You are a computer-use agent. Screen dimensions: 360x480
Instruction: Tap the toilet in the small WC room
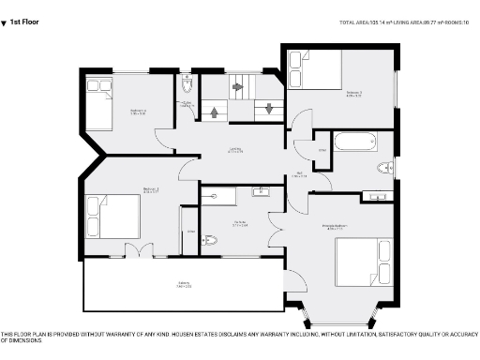tap(187, 88)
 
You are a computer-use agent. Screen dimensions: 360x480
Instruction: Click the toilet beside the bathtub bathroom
tap(384, 168)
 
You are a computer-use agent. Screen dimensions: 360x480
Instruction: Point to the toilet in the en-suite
tap(210, 240)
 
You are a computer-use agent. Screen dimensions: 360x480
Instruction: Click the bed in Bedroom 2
tap(112, 217)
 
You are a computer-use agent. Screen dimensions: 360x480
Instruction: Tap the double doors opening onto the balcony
tap(139, 249)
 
